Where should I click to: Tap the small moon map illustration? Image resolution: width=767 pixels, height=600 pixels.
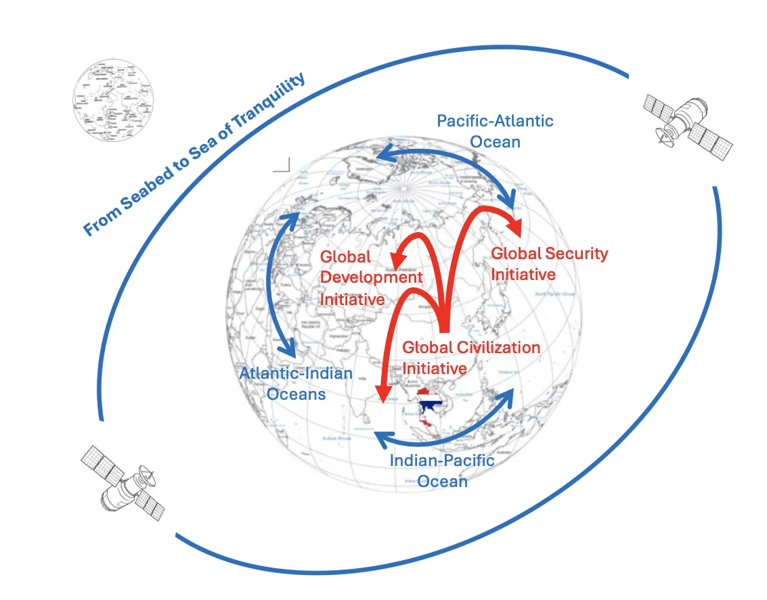(x=109, y=101)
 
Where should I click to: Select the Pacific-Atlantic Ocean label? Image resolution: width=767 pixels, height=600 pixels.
(x=495, y=131)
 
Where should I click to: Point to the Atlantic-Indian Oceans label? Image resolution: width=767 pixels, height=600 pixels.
(x=296, y=384)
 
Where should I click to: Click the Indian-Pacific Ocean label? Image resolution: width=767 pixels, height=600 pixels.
(x=442, y=471)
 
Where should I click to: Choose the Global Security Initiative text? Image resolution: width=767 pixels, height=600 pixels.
(x=549, y=264)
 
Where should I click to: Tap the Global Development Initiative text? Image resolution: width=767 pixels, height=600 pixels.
(x=370, y=277)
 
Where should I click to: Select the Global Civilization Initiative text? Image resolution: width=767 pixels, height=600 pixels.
(x=471, y=358)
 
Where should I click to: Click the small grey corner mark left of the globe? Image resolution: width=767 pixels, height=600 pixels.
(x=282, y=165)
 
